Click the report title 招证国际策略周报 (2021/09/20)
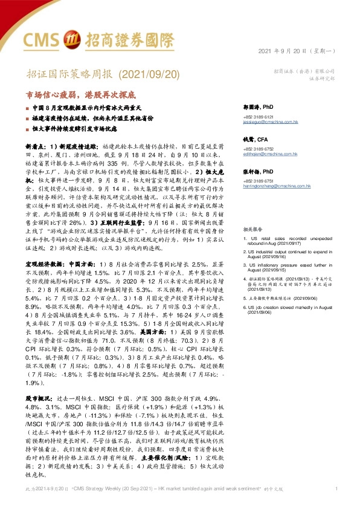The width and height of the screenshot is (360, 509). point(95,74)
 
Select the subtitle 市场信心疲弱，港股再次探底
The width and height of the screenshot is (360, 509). point(80,95)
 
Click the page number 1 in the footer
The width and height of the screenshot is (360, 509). point(336,488)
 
